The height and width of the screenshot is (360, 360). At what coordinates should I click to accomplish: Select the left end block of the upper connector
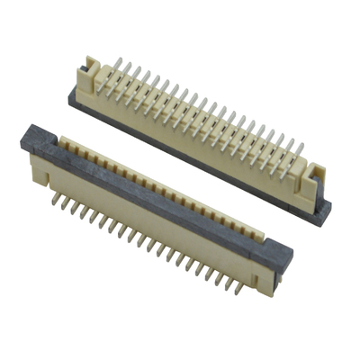[90, 72]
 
